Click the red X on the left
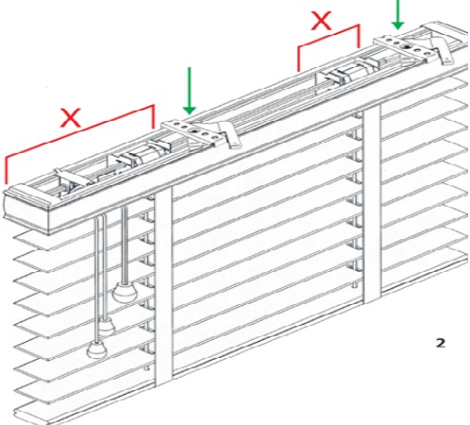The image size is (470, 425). click(72, 118)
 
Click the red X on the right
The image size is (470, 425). click(321, 21)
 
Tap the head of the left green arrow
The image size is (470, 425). click(190, 110)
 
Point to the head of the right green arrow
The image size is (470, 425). click(398, 25)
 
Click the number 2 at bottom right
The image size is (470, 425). click(441, 343)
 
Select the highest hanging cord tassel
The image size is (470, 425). click(125, 292)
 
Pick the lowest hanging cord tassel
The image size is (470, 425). click(96, 349)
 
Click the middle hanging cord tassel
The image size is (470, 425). click(107, 326)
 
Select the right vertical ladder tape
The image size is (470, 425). click(372, 203)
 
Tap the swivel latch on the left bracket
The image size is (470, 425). click(228, 135)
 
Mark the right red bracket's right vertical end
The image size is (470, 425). click(359, 36)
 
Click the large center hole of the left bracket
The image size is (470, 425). click(193, 130)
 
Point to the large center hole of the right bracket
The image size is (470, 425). click(408, 47)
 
